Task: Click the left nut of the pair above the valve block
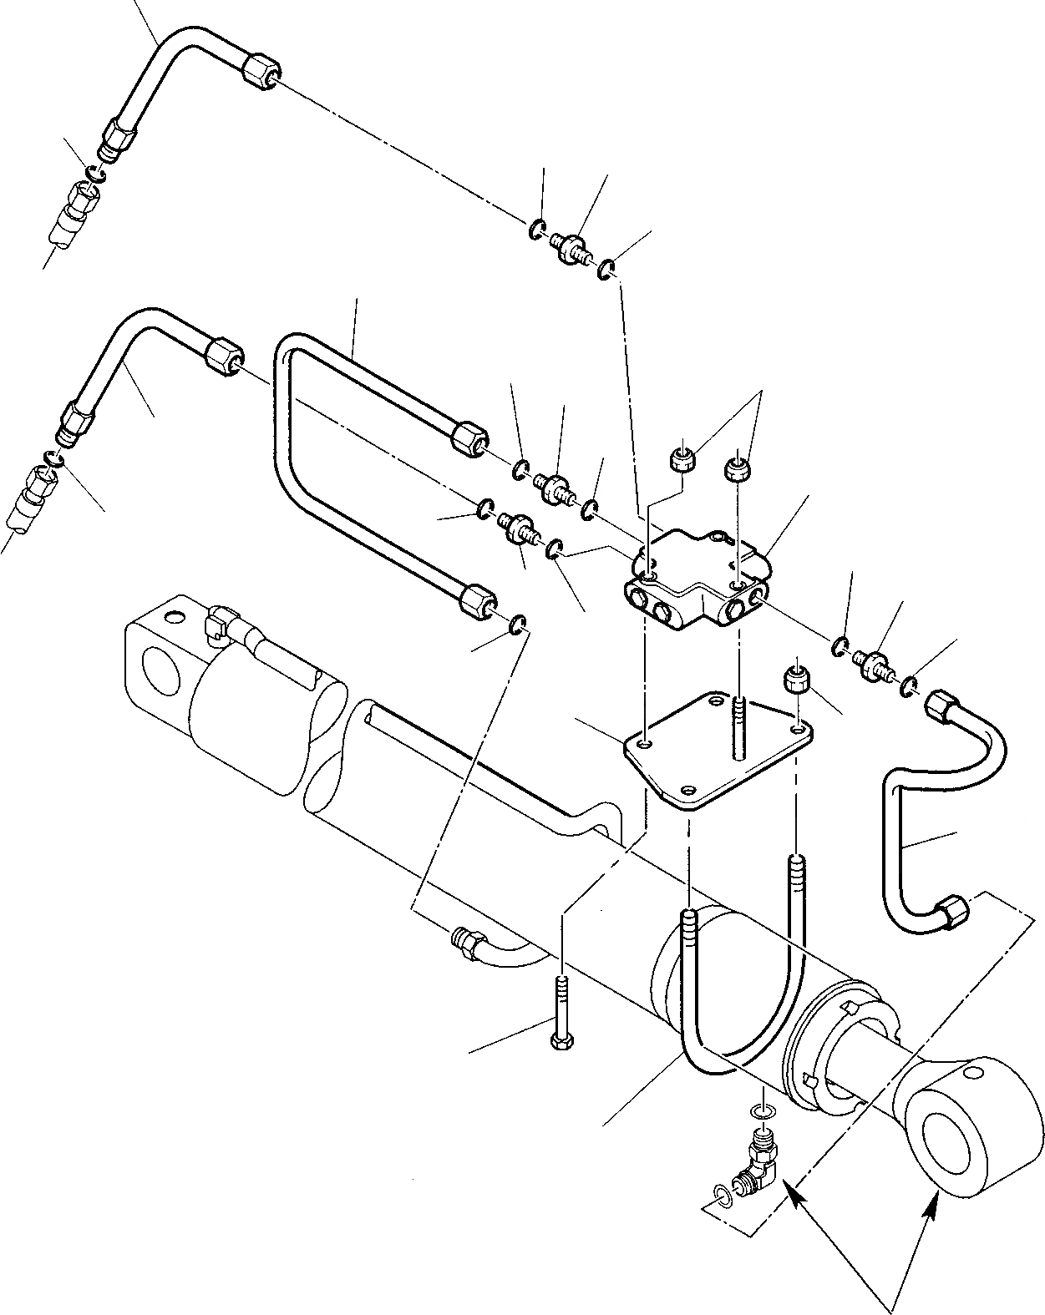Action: pos(682,460)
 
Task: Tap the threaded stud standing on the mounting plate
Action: pos(738,726)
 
